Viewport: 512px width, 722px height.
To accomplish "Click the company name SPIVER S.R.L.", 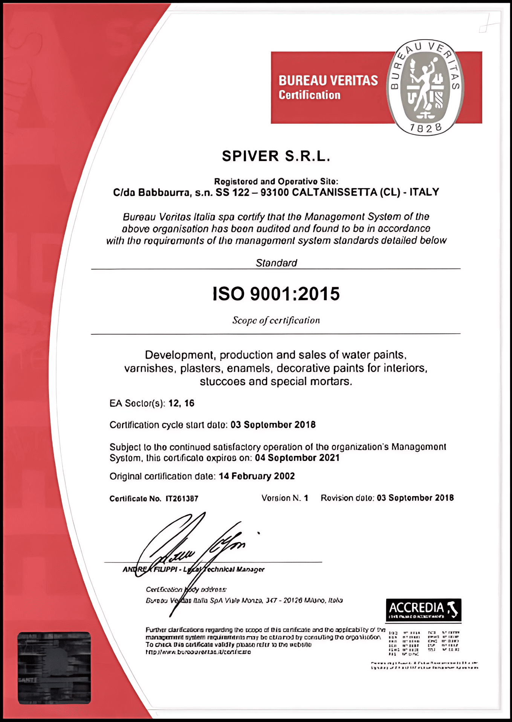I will pyautogui.click(x=276, y=156).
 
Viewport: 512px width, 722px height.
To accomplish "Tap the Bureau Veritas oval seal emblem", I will pyautogui.click(x=425, y=88).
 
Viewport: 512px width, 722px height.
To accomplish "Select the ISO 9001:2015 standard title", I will pyautogui.click(x=276, y=294).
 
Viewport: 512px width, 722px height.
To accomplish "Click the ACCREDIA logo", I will pyautogui.click(x=423, y=609).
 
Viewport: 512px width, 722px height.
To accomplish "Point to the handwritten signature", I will pyautogui.click(x=188, y=549).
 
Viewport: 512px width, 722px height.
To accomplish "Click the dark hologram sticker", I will pyautogui.click(x=54, y=667).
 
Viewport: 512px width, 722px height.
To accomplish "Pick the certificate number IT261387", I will pyautogui.click(x=182, y=499).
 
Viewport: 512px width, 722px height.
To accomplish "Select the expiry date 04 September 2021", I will pyautogui.click(x=297, y=458).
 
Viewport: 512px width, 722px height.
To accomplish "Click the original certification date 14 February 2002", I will pyautogui.click(x=257, y=476).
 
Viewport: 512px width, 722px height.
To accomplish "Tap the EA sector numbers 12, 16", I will pyautogui.click(x=181, y=403).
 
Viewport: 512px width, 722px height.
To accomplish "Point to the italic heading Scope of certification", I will pyautogui.click(x=276, y=321).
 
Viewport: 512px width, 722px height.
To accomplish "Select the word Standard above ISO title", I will pyautogui.click(x=276, y=263).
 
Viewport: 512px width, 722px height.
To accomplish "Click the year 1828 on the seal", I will pyautogui.click(x=426, y=128).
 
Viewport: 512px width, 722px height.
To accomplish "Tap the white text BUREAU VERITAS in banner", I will pyautogui.click(x=328, y=81).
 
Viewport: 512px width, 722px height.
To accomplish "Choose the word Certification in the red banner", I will pyautogui.click(x=309, y=95).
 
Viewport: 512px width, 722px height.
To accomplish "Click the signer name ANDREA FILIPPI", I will pyautogui.click(x=150, y=569).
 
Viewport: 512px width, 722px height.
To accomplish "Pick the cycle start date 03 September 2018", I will pyautogui.click(x=273, y=425).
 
